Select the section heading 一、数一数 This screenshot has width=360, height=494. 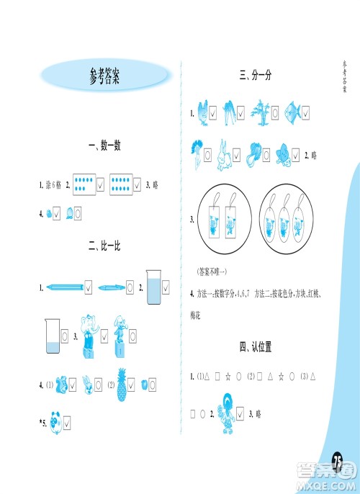pyautogui.click(x=104, y=146)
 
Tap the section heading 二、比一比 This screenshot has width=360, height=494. pyautogui.click(x=104, y=247)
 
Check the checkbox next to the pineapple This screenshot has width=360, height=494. pyautogui.click(x=135, y=384)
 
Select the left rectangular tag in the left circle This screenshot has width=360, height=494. pyautogui.click(x=213, y=223)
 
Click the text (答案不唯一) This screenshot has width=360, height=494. pyautogui.click(x=212, y=271)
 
